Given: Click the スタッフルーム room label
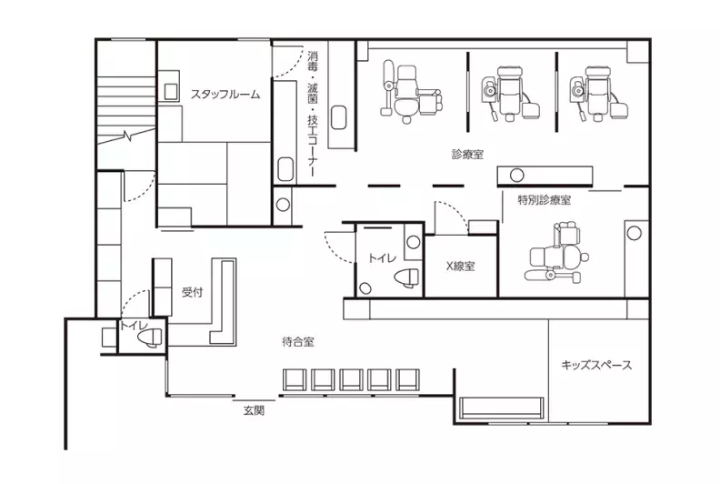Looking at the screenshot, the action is tap(225, 95).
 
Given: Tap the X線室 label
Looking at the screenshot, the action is tap(461, 267).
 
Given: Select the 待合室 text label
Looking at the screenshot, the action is tap(298, 342).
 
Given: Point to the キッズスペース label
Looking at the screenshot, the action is tap(596, 366).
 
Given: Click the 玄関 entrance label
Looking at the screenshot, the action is tap(254, 410).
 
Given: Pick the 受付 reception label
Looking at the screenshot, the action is tap(193, 292).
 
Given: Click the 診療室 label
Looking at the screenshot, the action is tap(467, 154).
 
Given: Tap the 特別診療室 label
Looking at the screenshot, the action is tap(545, 200).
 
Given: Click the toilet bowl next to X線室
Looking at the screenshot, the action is tap(406, 278).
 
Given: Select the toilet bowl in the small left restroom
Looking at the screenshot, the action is tap(150, 338).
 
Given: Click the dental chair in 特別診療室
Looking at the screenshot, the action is tap(555, 254).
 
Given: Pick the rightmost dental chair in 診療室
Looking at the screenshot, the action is tap(598, 94).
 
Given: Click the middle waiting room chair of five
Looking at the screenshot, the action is tap(351, 380).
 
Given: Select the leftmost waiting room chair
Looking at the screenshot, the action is tap(295, 380).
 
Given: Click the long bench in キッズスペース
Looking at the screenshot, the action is tap(502, 408).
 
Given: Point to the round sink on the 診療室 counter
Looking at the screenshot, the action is tap(517, 175).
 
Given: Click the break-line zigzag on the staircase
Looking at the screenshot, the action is tap(126, 136).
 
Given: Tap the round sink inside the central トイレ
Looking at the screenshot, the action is tap(414, 242).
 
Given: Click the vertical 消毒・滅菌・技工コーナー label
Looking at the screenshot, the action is tap(313, 114).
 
